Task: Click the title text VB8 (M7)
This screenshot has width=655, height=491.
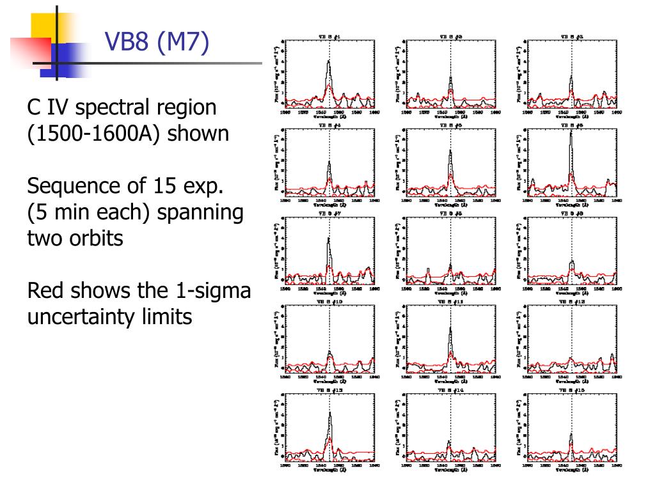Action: (x=157, y=43)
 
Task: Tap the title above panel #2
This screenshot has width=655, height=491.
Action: (x=450, y=37)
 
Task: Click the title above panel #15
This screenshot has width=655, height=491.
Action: (x=571, y=389)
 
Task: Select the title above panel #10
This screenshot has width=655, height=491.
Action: (x=330, y=301)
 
